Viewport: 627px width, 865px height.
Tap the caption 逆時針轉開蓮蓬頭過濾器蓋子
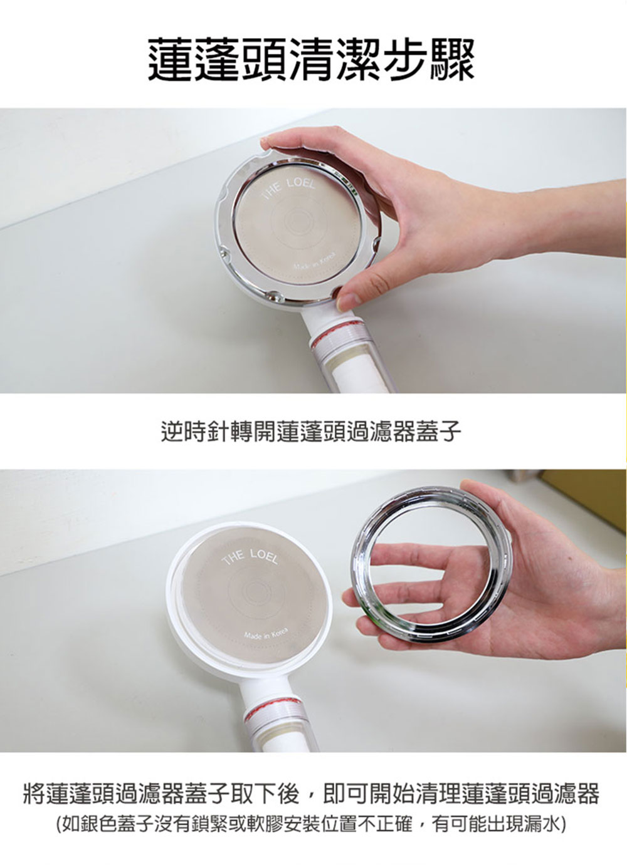311,432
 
